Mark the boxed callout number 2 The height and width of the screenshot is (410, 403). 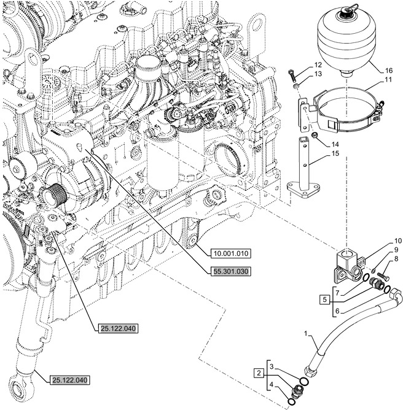(259, 373)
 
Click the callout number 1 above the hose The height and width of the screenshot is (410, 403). (305, 334)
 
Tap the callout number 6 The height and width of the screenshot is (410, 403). (336, 311)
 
